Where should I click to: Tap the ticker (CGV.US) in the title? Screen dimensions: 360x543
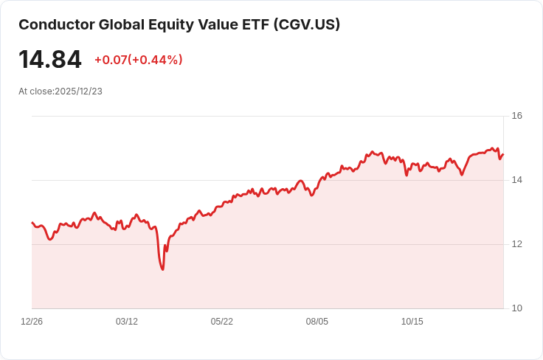click(306, 24)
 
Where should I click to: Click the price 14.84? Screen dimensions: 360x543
click(50, 60)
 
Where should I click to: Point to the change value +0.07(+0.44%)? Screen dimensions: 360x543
click(138, 60)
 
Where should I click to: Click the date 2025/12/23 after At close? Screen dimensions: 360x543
click(78, 91)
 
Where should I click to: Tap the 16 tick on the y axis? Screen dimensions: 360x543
click(517, 116)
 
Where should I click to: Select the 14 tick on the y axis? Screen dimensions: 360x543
click(517, 180)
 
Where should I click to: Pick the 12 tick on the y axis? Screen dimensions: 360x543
click(517, 244)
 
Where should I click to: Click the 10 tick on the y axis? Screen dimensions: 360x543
click(517, 308)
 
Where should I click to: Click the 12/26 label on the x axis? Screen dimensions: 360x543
click(32, 322)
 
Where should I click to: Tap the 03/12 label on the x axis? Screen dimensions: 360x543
click(127, 322)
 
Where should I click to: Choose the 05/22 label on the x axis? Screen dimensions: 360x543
click(222, 322)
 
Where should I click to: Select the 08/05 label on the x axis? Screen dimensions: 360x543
click(317, 322)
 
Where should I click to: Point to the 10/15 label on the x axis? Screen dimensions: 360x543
click(412, 322)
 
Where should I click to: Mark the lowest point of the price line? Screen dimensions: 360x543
click(162, 269)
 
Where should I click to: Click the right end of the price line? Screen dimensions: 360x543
click(503, 153)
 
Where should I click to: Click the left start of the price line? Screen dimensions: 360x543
click(32, 222)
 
